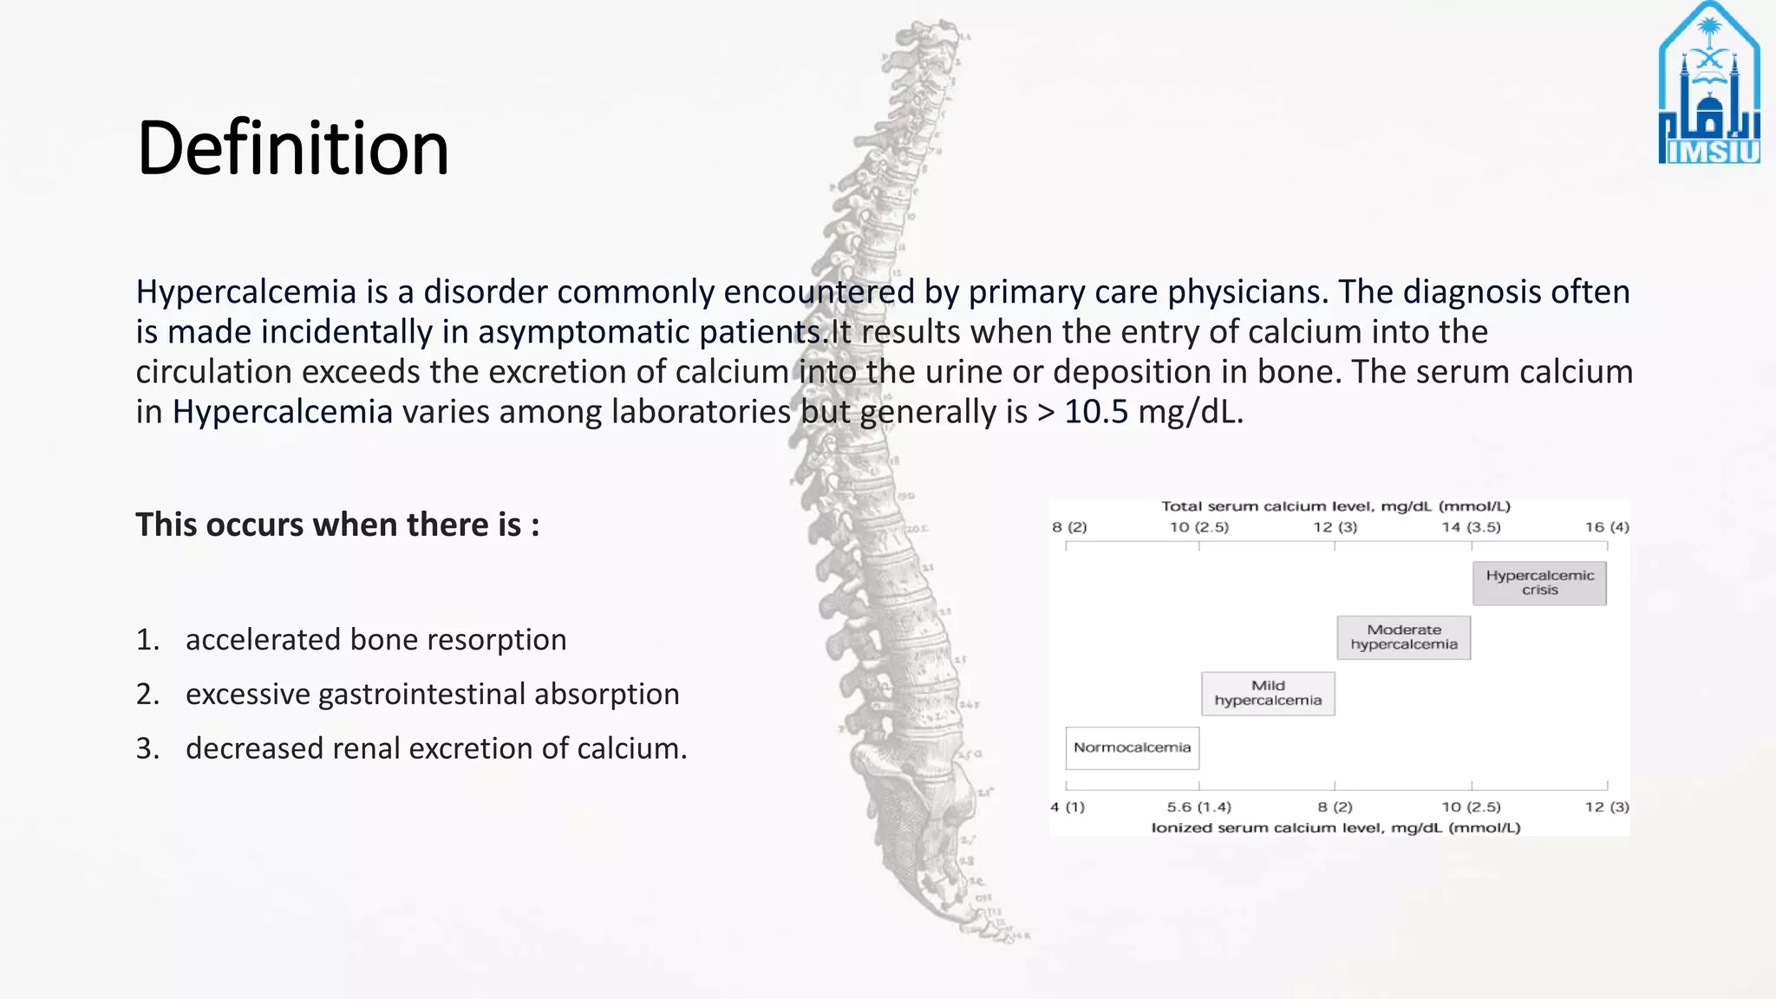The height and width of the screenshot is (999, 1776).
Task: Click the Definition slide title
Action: coord(293,148)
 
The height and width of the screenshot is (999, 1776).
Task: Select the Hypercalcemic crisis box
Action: coord(1539,583)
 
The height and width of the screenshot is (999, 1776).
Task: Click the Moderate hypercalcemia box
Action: coord(1403,637)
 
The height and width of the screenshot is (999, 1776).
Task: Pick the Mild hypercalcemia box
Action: coord(1268,693)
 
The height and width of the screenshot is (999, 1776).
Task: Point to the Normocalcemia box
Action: coord(1132,748)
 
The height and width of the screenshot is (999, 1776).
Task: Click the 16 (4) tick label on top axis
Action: coord(1607,527)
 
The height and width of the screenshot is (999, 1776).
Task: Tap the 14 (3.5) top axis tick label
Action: coord(1471,527)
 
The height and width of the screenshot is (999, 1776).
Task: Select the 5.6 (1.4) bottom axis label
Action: coord(1198,807)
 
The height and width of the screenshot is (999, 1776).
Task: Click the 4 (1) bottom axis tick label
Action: coord(1068,807)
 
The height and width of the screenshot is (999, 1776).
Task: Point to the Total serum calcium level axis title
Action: coord(1335,506)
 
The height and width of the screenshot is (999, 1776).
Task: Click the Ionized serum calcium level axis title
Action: coord(1335,828)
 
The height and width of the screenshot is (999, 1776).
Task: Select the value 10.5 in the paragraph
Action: coord(1096,412)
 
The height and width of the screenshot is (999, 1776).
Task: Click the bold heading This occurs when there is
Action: coord(337,526)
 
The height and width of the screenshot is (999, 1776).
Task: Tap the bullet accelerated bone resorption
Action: coord(375,640)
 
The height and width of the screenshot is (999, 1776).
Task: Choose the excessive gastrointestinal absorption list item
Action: coord(432,695)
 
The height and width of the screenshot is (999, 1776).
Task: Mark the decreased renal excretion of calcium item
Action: coord(436,748)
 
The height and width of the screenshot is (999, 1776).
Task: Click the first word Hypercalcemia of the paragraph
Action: coord(246,292)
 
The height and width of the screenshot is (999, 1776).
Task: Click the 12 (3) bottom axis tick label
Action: coord(1607,807)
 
